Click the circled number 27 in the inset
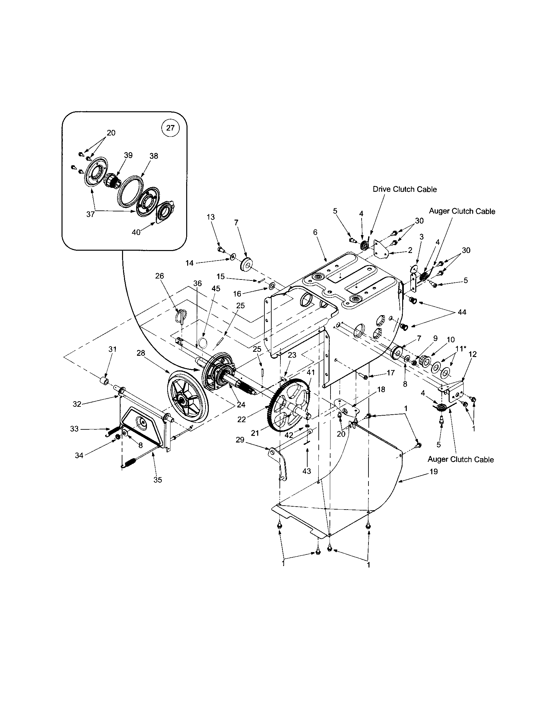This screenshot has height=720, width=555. pos(170,128)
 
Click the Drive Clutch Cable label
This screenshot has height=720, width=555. pos(404,189)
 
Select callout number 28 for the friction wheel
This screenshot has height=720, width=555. pos(141,353)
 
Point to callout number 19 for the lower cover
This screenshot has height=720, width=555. pos(434,472)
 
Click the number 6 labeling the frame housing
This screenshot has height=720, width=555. pos(315,232)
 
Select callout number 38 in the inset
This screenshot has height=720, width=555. pos(153,156)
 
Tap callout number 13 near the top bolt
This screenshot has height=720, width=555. pos(211,217)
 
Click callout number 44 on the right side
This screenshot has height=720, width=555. pos(462,312)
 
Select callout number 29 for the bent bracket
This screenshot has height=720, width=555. pos(240,440)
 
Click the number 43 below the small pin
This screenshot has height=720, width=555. pos(307,471)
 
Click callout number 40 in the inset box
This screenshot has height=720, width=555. pos(136,232)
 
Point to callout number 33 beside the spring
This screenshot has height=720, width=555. pos(75,429)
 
